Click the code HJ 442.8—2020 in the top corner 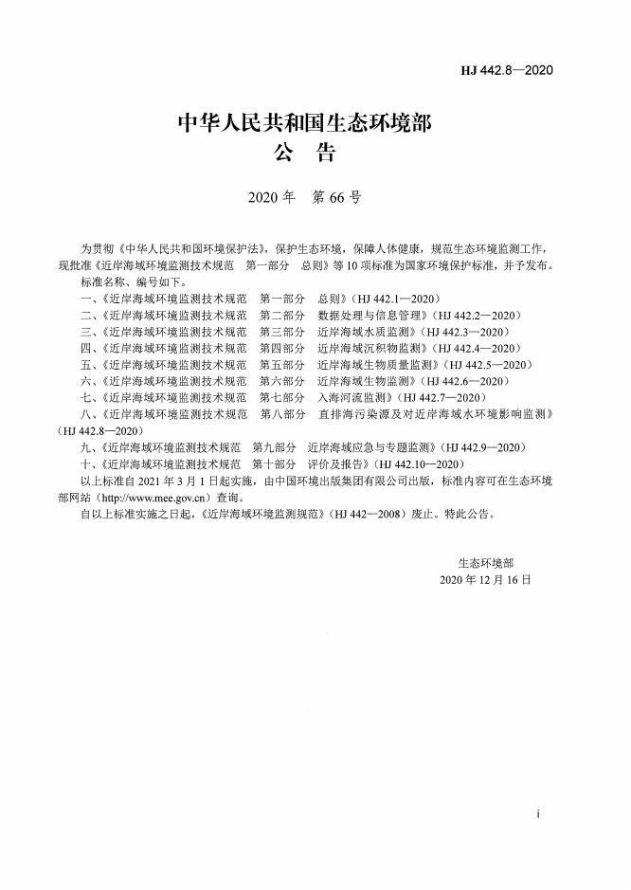[506, 70]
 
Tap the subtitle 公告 [304, 153]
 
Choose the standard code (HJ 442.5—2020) [487, 364]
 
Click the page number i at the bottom [537, 814]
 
